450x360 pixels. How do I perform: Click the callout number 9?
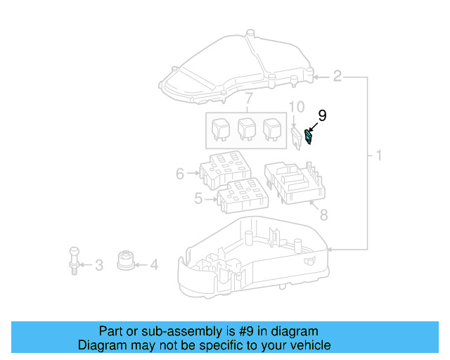323,115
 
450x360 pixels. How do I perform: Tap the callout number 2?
337,76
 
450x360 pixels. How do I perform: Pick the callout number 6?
180,173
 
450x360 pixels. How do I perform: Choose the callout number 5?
198,199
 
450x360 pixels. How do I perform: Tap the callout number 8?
323,215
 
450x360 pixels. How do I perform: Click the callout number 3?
99,265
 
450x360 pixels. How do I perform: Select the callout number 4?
154,265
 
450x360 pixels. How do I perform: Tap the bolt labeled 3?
73,258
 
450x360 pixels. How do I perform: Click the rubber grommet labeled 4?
125,260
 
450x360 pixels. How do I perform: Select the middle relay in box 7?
246,129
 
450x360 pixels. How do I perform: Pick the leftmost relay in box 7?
220,129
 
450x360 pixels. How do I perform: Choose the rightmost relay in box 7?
271,129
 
